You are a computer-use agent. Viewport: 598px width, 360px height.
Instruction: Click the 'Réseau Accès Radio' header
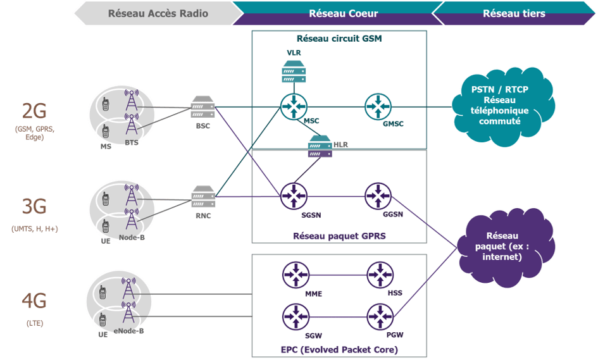[x=158, y=13]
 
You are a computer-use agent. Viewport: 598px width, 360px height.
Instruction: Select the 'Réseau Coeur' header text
[x=335, y=13]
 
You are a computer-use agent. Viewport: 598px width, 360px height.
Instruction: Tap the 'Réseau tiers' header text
[x=513, y=13]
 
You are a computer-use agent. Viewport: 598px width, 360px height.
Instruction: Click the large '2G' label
[x=34, y=111]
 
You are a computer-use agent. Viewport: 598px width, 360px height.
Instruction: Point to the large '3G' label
[x=34, y=207]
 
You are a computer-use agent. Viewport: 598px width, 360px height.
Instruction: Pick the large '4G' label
[x=34, y=302]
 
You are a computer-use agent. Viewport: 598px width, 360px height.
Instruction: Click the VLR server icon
[x=294, y=71]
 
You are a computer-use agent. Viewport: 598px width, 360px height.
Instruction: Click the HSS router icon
[x=380, y=275]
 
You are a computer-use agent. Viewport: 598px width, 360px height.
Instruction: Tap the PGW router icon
[x=380, y=316]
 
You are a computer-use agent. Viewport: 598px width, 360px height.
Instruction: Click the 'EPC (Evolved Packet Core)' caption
[x=339, y=349]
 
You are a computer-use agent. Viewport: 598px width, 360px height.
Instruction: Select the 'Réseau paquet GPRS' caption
[x=339, y=235]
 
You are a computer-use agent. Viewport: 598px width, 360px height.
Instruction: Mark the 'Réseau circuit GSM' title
[x=339, y=38]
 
